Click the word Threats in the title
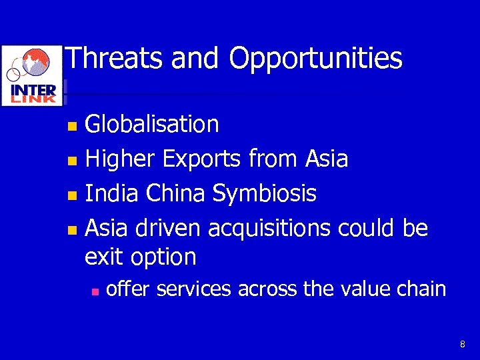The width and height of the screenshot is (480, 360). (115, 58)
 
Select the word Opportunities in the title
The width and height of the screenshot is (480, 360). (316, 59)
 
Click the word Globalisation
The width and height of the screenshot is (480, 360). (152, 124)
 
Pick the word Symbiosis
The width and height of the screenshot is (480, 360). (265, 194)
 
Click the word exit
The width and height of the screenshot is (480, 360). (105, 257)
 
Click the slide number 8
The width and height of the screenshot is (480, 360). (462, 344)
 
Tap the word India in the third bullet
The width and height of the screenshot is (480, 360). (113, 193)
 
